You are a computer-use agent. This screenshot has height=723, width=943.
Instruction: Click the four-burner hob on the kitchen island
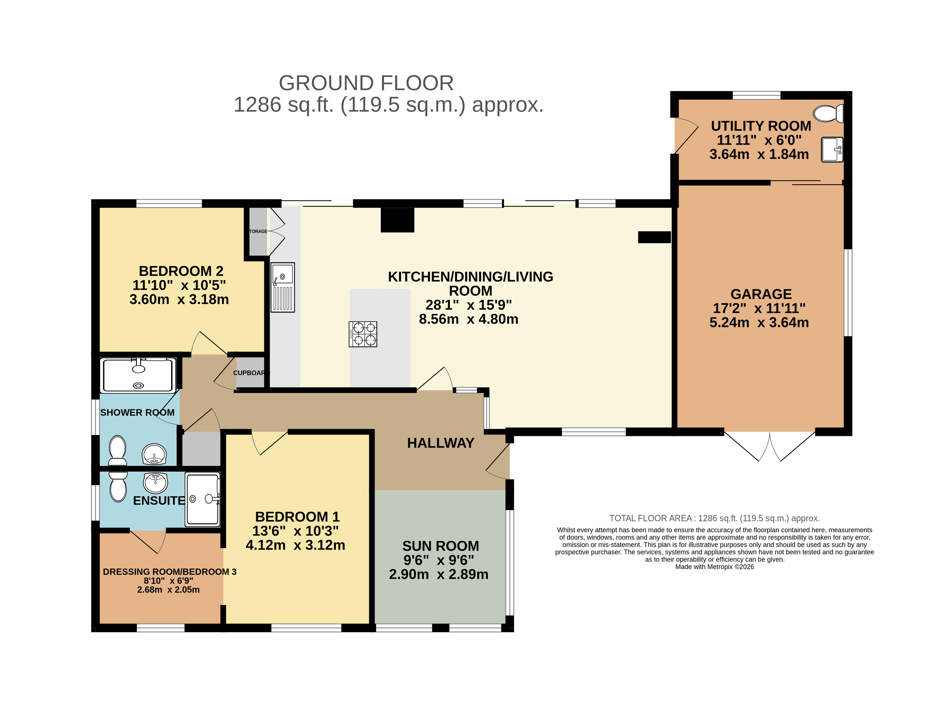362,334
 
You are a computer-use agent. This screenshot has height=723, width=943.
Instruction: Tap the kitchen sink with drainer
282,287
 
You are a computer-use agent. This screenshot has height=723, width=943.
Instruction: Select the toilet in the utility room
828,114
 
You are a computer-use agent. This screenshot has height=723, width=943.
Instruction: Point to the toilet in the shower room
117,450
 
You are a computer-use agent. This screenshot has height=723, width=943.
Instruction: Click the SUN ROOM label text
440,546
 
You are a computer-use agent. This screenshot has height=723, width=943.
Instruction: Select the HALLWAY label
440,443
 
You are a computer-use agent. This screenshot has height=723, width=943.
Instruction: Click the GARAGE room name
761,294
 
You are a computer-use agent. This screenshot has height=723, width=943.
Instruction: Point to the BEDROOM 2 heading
181,271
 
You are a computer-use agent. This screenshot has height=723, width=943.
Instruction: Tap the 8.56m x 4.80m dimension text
468,319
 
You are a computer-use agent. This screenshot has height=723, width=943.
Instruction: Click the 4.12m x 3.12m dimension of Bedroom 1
296,545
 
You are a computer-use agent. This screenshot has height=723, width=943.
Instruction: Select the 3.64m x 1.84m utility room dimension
759,154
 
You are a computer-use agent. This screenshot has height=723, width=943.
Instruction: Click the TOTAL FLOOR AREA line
714,518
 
